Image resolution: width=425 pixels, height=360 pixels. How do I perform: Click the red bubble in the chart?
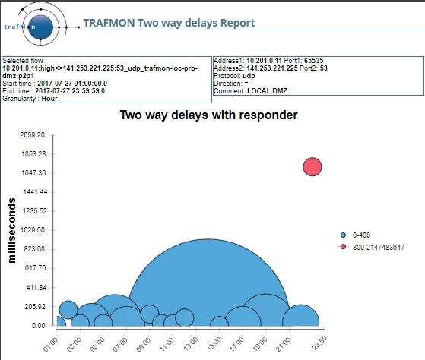[312, 167]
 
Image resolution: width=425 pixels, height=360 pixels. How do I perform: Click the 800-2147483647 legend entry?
[370, 247]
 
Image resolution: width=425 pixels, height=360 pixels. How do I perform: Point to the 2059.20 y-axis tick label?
[33, 134]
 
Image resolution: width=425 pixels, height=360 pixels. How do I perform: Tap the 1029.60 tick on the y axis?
[33, 230]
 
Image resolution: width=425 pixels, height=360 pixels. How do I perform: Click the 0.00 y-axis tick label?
[39, 325]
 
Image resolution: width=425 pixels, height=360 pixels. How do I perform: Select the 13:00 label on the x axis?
[191, 344]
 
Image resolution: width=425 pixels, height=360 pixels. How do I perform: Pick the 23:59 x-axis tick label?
[320, 343]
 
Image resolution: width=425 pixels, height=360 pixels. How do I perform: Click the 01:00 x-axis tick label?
[50, 345]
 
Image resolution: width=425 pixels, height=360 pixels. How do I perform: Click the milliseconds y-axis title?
[11, 230]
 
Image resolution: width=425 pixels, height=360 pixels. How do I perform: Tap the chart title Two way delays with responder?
[209, 115]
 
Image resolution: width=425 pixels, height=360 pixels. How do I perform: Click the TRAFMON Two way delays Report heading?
[169, 23]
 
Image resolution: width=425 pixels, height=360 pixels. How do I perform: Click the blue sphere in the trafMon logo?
[40, 27]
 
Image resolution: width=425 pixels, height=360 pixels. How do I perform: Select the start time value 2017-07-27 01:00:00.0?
[72, 84]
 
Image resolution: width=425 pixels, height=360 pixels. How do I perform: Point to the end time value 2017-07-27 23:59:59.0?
[70, 91]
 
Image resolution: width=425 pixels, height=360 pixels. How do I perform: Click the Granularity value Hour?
[49, 99]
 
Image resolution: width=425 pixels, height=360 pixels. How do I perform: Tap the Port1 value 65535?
[313, 60]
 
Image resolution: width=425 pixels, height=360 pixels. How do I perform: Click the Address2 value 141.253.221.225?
[272, 68]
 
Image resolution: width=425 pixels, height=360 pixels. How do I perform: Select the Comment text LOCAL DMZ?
[267, 91]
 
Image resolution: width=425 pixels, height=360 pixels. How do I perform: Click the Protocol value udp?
[249, 76]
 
